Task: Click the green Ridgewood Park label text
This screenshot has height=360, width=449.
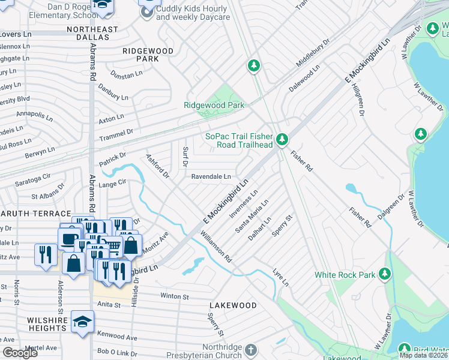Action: click(x=214, y=106)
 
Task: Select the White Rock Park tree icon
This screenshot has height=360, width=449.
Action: click(x=384, y=275)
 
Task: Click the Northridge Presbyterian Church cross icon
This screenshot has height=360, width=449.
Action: click(x=251, y=349)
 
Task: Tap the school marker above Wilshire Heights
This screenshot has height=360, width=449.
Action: click(x=82, y=322)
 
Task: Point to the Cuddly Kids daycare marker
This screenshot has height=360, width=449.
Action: click(x=146, y=12)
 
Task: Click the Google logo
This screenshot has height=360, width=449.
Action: click(x=20, y=353)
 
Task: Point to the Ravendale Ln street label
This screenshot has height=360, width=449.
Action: click(x=211, y=177)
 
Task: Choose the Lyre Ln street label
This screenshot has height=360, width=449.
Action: click(x=281, y=277)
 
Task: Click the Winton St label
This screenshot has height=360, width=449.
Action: click(x=175, y=296)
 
